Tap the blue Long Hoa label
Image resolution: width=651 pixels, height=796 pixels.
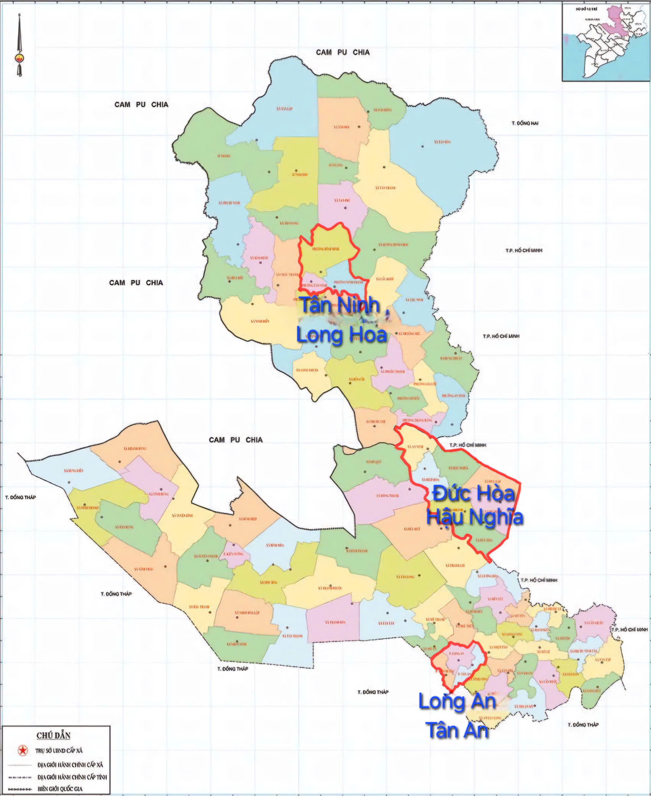tap(341, 335)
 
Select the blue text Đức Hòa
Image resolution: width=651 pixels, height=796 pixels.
tap(474, 493)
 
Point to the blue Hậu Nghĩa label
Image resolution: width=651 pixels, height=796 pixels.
tap(475, 517)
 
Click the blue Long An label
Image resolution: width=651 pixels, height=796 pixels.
tap(457, 701)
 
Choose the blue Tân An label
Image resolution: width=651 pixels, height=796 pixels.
tap(457, 731)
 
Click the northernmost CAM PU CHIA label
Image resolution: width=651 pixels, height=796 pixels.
tap(342, 53)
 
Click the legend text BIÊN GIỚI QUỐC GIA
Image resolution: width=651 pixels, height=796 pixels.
tap(60, 789)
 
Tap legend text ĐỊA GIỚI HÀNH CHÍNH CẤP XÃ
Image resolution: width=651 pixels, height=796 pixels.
tap(70, 765)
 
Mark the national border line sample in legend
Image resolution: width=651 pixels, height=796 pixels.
tap(20, 789)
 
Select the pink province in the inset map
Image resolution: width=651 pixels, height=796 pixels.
tap(615, 22)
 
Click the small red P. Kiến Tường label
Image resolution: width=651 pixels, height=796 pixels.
tap(234, 554)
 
